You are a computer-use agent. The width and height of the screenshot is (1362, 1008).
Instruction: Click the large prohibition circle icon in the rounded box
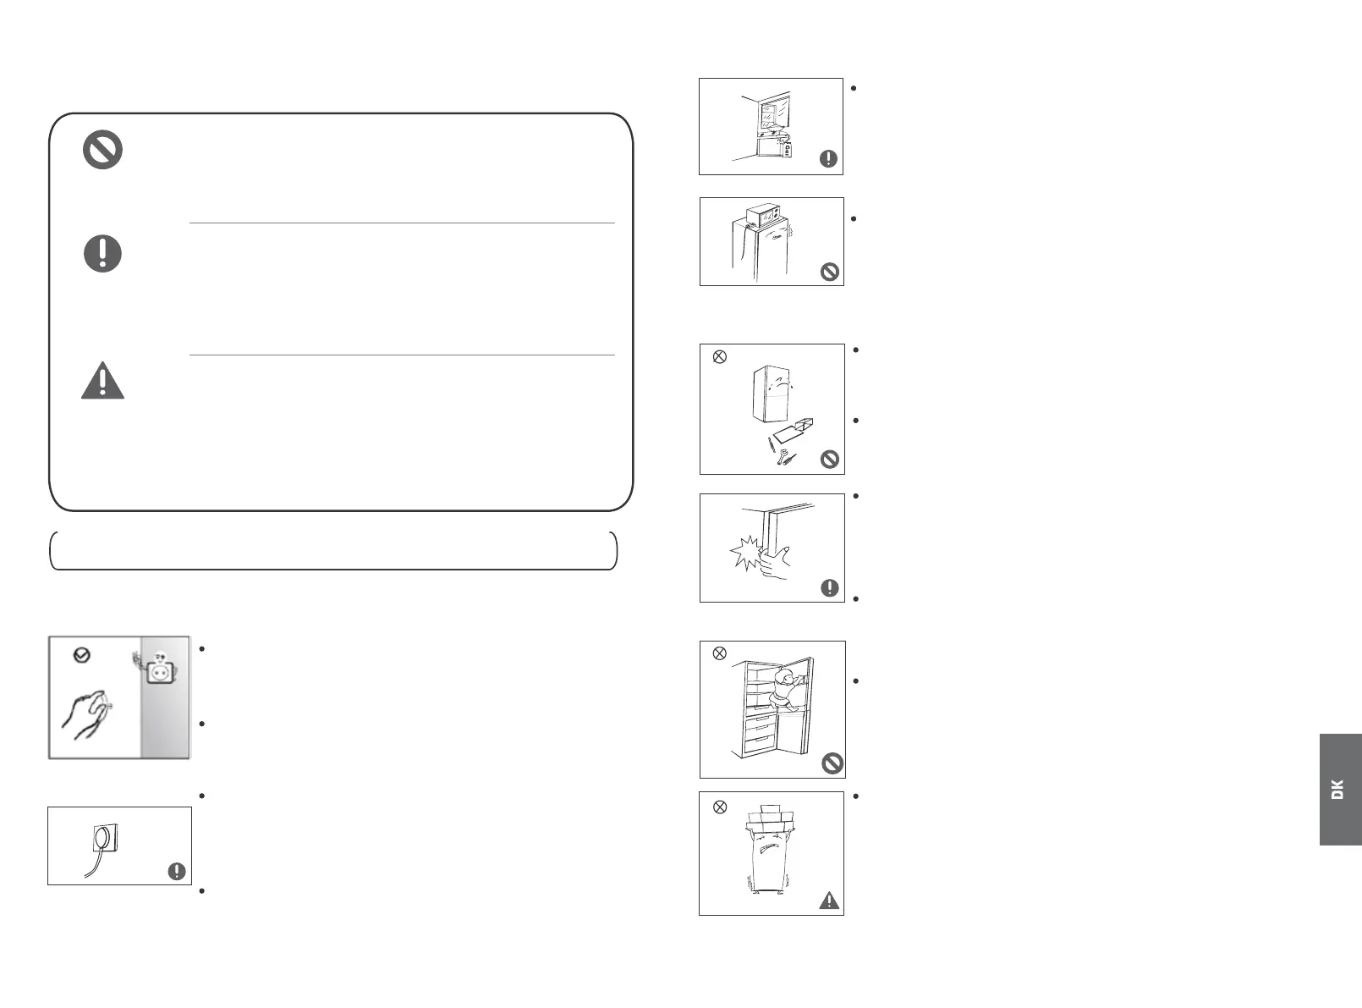(102, 151)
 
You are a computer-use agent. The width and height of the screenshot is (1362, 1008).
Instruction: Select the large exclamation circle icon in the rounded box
(102, 253)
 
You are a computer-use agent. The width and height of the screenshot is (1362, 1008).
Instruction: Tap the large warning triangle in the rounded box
(102, 381)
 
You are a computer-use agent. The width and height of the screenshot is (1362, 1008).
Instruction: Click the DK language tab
(1340, 789)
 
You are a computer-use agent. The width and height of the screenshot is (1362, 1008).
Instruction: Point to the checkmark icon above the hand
(82, 654)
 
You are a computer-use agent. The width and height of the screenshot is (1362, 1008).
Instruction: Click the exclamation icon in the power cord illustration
(177, 871)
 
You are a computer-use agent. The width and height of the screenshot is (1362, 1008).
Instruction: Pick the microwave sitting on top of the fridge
(767, 215)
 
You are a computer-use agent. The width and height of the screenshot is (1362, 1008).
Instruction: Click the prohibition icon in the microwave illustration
(830, 272)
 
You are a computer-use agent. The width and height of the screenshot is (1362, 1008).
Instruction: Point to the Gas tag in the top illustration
(788, 150)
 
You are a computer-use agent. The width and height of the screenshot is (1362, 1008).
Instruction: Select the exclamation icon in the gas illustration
(829, 158)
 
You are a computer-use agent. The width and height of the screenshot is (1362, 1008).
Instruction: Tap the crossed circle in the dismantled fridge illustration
(720, 356)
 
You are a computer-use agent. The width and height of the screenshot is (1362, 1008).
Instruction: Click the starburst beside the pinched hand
(744, 554)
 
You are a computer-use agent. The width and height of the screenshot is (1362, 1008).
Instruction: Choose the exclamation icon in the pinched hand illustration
(830, 587)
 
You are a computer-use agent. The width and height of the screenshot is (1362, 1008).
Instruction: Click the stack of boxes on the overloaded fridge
(772, 816)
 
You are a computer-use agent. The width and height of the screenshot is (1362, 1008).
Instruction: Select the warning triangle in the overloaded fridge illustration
(830, 900)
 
